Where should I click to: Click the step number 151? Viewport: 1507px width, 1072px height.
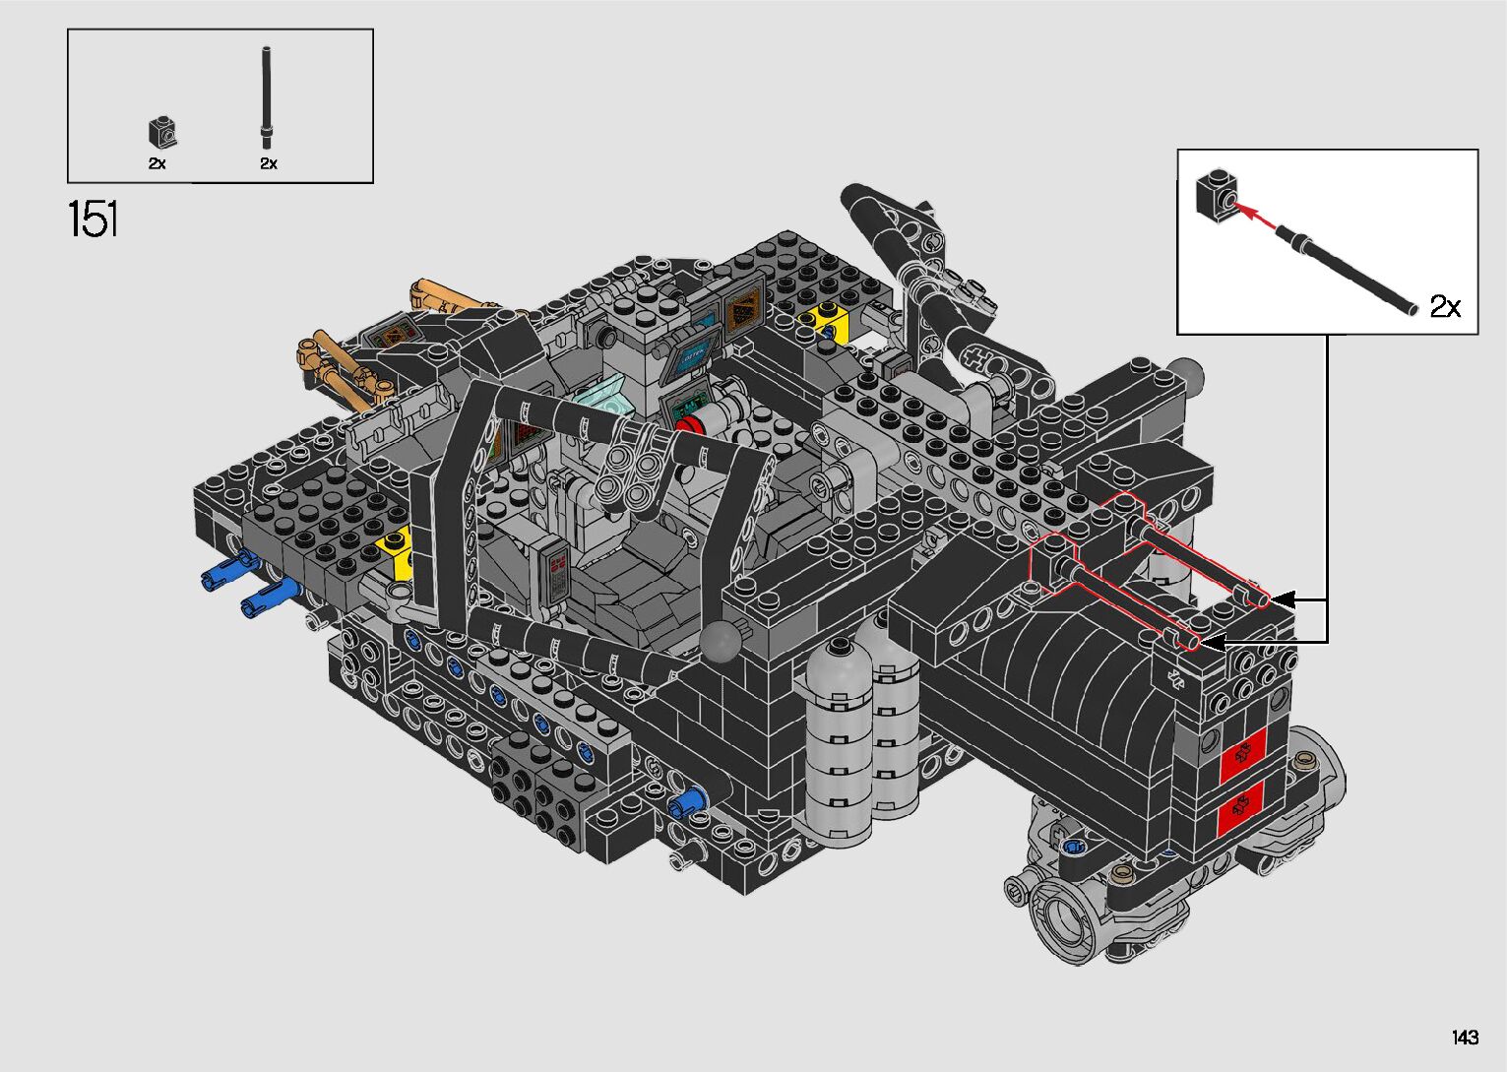(94, 219)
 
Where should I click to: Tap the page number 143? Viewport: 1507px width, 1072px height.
(1465, 1037)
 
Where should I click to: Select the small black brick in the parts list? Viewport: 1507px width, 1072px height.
(163, 132)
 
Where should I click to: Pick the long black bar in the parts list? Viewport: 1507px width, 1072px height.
(267, 97)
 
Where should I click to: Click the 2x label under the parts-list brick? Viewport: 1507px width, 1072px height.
(157, 163)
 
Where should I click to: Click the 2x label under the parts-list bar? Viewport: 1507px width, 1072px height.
(269, 163)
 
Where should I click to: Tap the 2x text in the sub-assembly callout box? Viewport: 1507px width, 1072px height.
(1445, 306)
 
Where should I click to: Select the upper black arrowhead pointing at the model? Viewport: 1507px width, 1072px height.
(1281, 599)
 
